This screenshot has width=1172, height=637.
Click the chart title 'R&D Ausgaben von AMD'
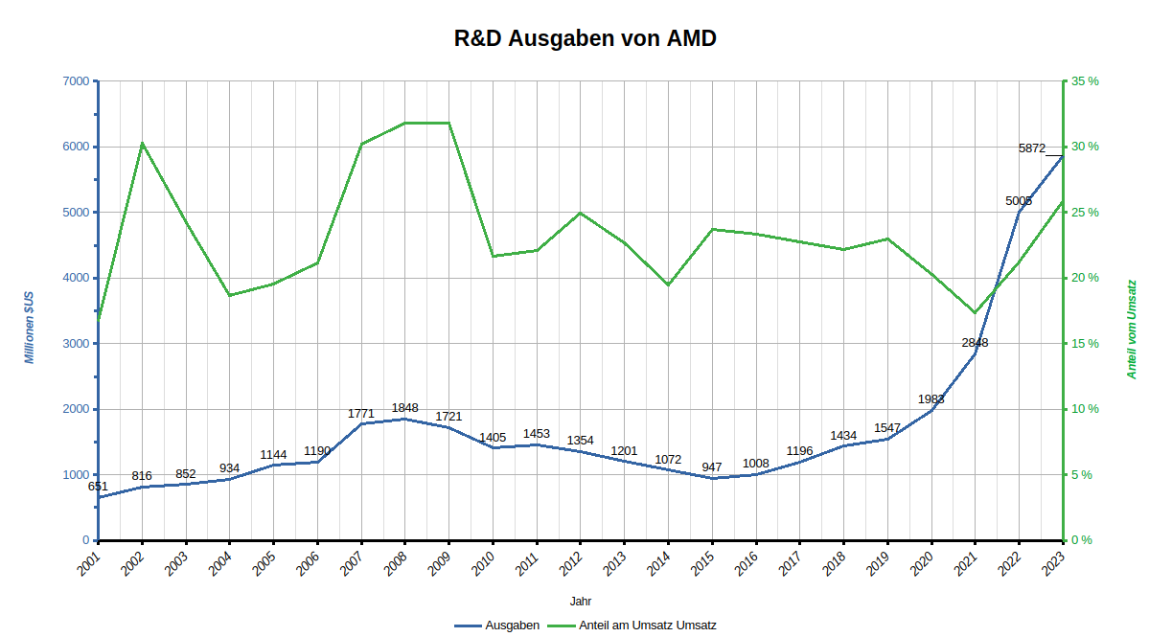pyautogui.click(x=585, y=39)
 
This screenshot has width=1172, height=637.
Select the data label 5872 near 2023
pyautogui.click(x=1032, y=148)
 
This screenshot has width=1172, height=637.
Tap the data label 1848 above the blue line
pyautogui.click(x=404, y=408)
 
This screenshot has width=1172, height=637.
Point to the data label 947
pyautogui.click(x=712, y=467)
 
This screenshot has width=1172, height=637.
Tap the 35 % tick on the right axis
pyautogui.click(x=1085, y=81)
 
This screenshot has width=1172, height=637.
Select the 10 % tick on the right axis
pyautogui.click(x=1085, y=409)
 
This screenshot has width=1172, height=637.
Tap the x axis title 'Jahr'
pyautogui.click(x=580, y=602)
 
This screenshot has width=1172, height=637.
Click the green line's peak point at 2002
pyautogui.click(x=142, y=143)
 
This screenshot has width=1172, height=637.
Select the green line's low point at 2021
pyautogui.click(x=975, y=312)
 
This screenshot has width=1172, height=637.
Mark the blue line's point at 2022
pyautogui.click(x=1019, y=212)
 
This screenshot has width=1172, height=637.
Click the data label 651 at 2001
pyautogui.click(x=98, y=487)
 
